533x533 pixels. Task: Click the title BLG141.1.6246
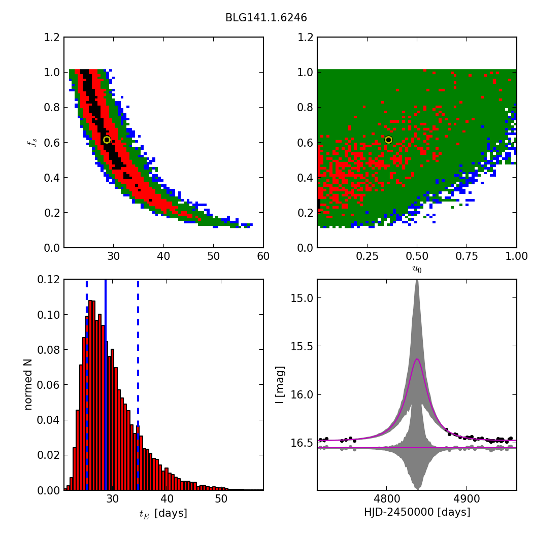[x=266, y=18]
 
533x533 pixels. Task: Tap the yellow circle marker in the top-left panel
[x=107, y=140]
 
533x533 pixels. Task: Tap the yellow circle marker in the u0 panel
[x=388, y=140]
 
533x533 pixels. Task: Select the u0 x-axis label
[x=417, y=269]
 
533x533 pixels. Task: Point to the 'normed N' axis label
[x=28, y=384]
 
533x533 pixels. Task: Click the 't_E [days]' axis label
[x=163, y=514]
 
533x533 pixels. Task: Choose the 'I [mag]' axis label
[x=280, y=384]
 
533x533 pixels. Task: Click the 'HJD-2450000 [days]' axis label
[x=417, y=513]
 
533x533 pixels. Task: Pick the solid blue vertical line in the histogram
[x=106, y=384]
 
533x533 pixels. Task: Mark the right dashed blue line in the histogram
[x=138, y=384]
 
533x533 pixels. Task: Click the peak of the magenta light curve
[x=417, y=359]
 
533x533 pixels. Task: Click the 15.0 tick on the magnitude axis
[x=302, y=298]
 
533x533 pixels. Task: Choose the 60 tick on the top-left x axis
[x=263, y=257]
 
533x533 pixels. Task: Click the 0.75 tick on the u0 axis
[x=467, y=257]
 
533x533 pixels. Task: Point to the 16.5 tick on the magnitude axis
[x=302, y=443]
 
